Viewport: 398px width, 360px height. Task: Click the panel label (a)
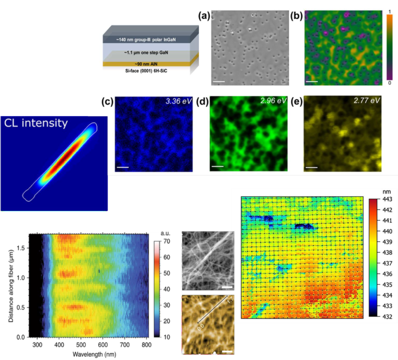(x=203, y=16)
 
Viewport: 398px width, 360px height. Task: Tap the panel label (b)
(x=297, y=16)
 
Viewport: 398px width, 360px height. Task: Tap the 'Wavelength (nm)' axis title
(x=89, y=353)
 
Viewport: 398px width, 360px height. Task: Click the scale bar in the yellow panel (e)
(x=312, y=168)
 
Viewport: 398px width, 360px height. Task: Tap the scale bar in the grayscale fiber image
(x=227, y=287)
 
